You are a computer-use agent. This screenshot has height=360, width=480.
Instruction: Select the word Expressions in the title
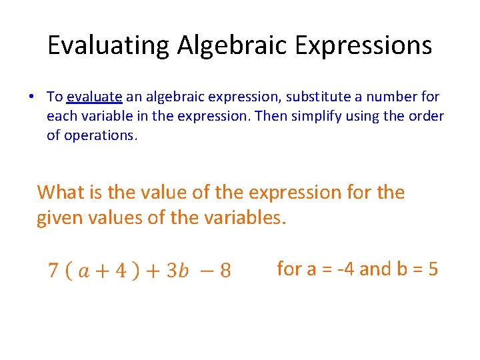coord(364,45)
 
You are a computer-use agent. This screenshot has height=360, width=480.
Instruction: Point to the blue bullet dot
coord(31,97)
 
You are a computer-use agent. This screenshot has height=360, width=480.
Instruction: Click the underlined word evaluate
coord(94,97)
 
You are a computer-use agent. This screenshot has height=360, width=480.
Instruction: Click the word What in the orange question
coord(61,193)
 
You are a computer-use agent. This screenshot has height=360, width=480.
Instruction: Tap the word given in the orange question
coord(62,217)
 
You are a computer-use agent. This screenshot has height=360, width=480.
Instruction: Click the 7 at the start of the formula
coord(53,271)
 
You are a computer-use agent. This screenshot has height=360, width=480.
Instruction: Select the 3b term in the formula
coord(178,271)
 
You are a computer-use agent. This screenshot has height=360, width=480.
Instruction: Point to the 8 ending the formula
coord(225,271)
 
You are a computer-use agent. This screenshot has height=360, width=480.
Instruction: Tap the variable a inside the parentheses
coord(85,271)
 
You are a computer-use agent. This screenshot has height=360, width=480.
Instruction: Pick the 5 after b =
coord(433,269)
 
